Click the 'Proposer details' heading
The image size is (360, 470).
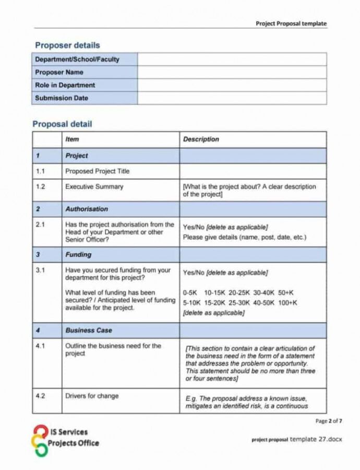[67, 45]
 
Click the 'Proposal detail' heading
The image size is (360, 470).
[62, 124]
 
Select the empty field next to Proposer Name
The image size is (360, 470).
[232, 73]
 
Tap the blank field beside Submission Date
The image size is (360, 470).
[232, 98]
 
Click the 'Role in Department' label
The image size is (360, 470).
[65, 85]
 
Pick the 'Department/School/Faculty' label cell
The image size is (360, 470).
[77, 60]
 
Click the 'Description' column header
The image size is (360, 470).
[201, 139]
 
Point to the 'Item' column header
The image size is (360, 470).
[72, 139]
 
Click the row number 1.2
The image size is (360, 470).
[41, 186]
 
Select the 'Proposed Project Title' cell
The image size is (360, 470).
[97, 171]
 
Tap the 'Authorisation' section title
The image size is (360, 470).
[87, 209]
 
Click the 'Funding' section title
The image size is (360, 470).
[78, 255]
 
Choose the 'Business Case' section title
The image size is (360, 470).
[89, 331]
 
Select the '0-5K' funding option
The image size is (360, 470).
[190, 293]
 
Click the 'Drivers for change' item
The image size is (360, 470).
[92, 396]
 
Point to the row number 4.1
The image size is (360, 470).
[41, 346]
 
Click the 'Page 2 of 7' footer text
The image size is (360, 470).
[329, 421]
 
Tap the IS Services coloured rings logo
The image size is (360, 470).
[40, 440]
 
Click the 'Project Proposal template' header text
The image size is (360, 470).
[291, 23]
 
